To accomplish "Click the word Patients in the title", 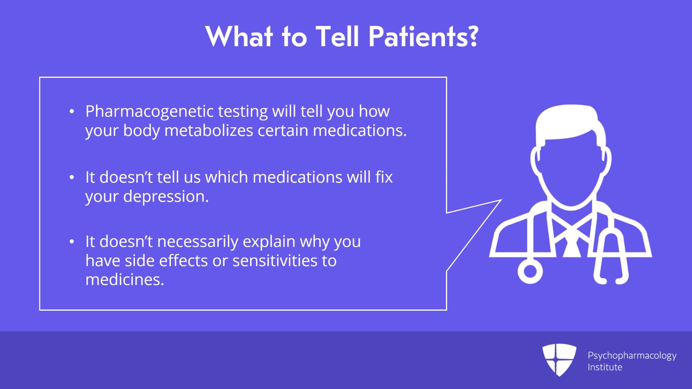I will click(423, 36).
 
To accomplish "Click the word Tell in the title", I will click(337, 36).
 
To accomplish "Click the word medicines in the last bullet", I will click(125, 280).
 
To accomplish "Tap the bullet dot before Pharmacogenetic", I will click(72, 112).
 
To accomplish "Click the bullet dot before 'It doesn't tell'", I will click(72, 177).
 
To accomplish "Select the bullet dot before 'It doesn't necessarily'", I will click(72, 242).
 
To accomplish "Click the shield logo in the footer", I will click(559, 359).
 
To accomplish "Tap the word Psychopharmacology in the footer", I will click(632, 356).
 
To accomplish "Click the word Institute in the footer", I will click(605, 367).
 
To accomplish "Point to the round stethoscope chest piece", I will click(530, 271).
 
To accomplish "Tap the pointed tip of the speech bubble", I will click(500, 200).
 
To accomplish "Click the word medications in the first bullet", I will click(359, 131).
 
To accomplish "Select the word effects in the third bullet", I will click(183, 261).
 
